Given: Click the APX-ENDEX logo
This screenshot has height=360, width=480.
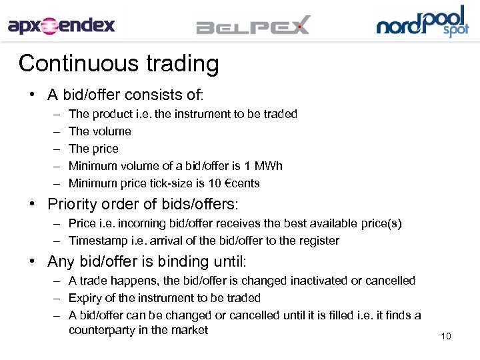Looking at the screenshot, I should point(61,26).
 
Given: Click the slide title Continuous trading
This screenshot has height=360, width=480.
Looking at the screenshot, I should point(119,63).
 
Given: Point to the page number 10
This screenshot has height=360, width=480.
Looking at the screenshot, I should point(446,336).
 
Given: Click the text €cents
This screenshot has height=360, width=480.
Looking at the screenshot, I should point(237,183).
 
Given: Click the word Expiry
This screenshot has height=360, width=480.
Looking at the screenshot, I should point(85,298).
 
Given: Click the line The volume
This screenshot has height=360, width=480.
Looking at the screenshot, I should point(100,131).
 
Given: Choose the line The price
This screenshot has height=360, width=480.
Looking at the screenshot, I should point(93,149).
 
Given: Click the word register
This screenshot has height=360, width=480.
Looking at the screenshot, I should point(317,241).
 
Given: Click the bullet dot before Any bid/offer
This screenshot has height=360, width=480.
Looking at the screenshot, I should point(32,261).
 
